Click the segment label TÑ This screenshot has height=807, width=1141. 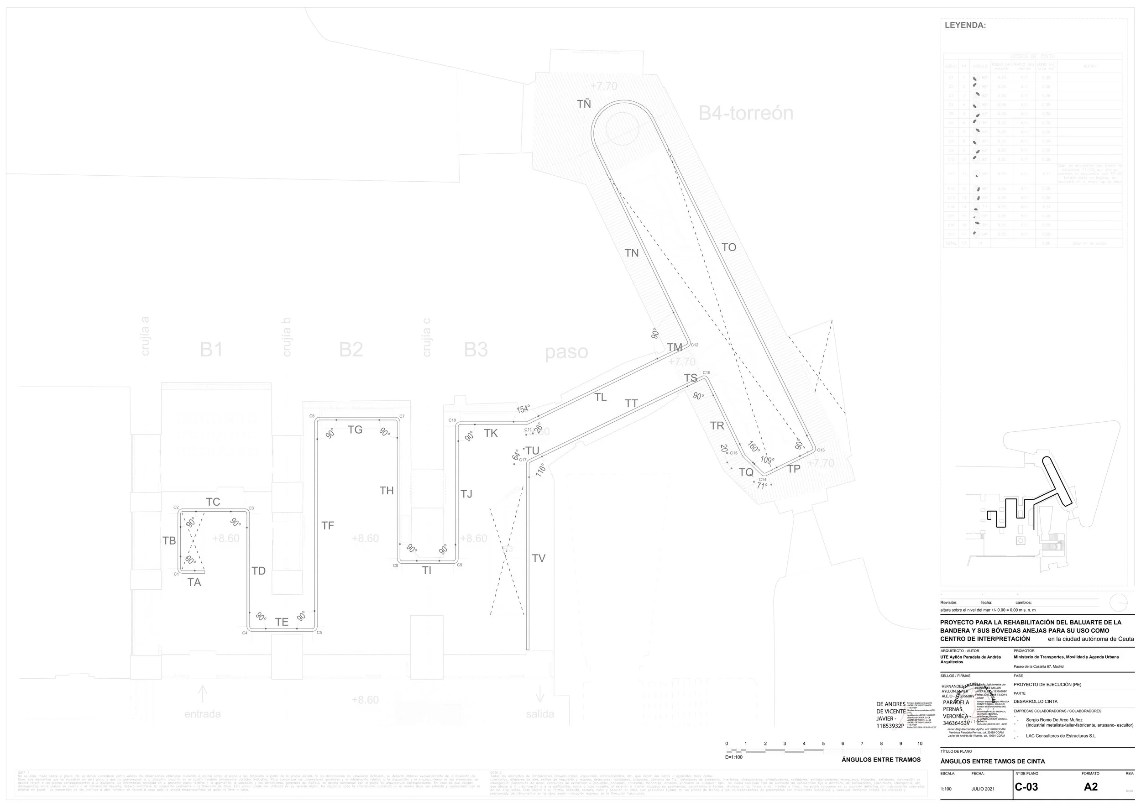click(584, 105)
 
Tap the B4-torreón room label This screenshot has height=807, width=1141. click(745, 113)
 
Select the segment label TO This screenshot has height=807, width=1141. click(728, 247)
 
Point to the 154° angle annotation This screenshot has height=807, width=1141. click(523, 409)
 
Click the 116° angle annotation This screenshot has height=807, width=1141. click(540, 470)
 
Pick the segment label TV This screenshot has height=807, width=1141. click(539, 558)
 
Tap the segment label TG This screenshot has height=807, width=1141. click(355, 430)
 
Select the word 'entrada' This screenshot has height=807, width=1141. click(202, 714)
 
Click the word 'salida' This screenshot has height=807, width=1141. click(539, 714)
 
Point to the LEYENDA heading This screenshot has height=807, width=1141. click(965, 26)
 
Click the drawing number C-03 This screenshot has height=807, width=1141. click(1026, 787)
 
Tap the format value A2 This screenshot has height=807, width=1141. click(1090, 787)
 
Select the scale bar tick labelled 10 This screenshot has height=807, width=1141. click(920, 744)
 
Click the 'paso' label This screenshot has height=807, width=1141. click(566, 352)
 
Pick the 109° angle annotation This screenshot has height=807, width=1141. click(767, 460)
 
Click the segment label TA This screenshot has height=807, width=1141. click(194, 582)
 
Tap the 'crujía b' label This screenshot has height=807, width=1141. click(286, 337)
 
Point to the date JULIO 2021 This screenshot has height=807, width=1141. click(983, 789)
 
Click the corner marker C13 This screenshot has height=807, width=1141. click(821, 450)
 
